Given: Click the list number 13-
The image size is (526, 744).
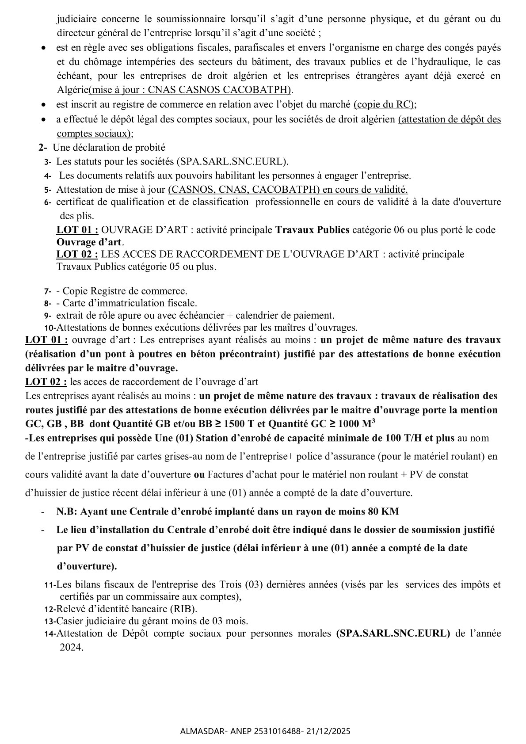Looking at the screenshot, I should pos(50,621).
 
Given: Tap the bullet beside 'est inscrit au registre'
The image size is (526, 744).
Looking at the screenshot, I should pos(43,105).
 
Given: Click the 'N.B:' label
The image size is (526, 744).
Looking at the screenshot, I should pos(68,511).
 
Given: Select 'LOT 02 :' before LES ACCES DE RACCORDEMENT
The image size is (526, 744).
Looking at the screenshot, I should pos(77,254).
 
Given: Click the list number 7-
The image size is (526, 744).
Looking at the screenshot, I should pos(47,291).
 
